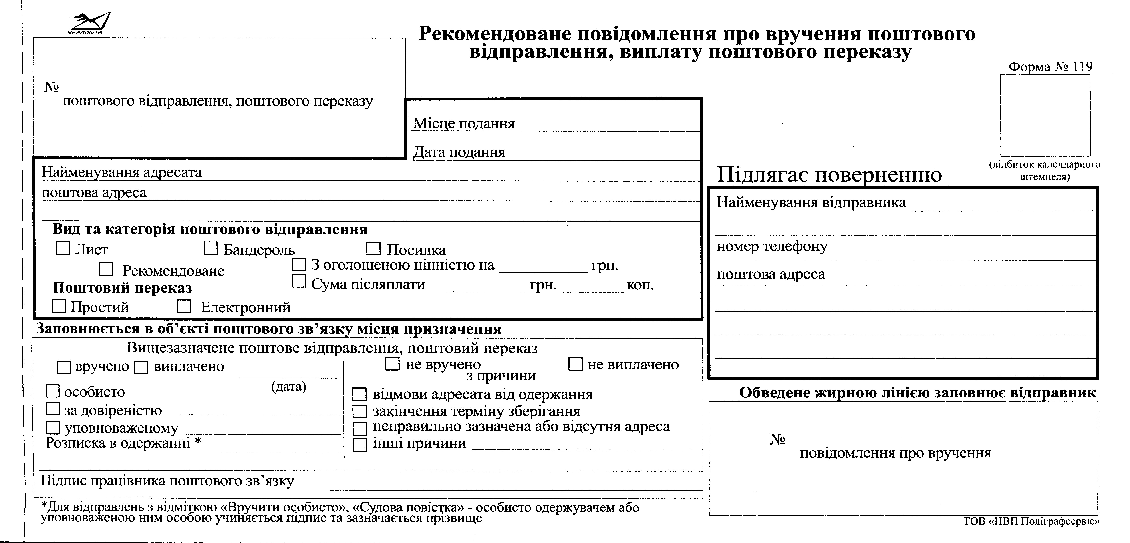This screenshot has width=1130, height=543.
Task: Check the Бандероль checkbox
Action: (211, 248)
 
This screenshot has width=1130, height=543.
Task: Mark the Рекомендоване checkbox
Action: (106, 269)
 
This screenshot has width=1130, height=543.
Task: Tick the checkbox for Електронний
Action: (183, 306)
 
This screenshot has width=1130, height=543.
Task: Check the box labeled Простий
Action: (59, 306)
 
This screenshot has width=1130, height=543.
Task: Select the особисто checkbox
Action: (53, 391)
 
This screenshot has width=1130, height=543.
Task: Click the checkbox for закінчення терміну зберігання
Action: (360, 411)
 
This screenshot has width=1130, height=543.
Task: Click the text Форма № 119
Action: (1050, 67)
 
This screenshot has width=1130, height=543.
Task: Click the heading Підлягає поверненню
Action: (829, 174)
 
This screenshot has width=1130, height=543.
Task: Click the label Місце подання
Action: (464, 123)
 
